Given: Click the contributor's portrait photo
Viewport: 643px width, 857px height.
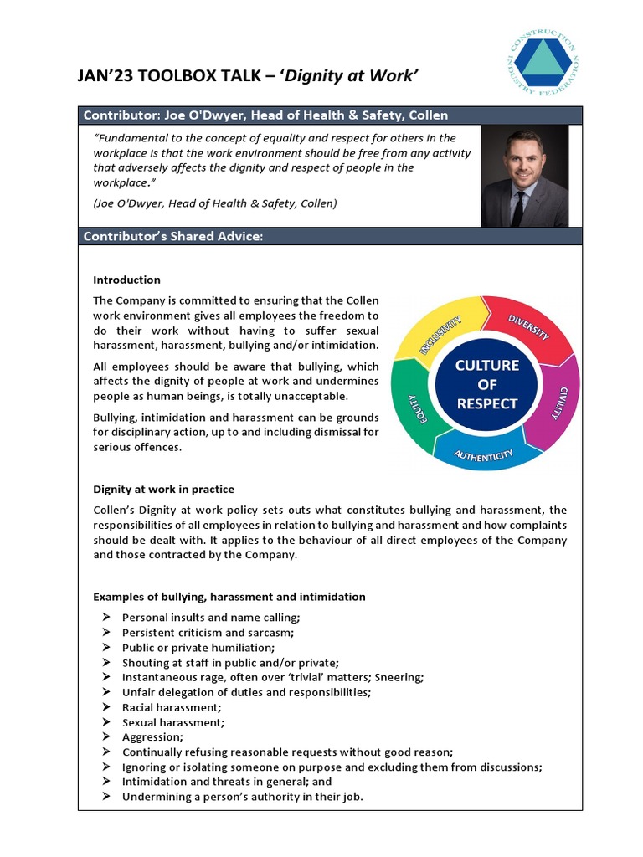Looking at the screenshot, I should pyautogui.click(x=524, y=176).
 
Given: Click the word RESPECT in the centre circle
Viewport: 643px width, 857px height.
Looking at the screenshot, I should pyautogui.click(x=486, y=403).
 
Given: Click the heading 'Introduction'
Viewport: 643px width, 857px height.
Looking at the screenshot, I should pyautogui.click(x=126, y=280).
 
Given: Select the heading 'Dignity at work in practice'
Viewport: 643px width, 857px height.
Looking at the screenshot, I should pyautogui.click(x=163, y=489).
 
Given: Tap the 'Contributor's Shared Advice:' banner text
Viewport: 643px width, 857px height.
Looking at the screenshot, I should pyautogui.click(x=173, y=237).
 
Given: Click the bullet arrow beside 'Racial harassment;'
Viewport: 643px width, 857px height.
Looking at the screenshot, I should pyautogui.click(x=105, y=707).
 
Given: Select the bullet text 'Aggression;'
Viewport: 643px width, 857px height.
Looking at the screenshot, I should pyautogui.click(x=152, y=737).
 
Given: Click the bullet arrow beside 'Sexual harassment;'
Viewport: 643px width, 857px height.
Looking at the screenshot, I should pyautogui.click(x=105, y=722).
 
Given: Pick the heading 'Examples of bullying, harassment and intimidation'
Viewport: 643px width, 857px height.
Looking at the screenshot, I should pyautogui.click(x=229, y=597).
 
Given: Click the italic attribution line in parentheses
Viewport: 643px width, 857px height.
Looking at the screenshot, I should pyautogui.click(x=214, y=204).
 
